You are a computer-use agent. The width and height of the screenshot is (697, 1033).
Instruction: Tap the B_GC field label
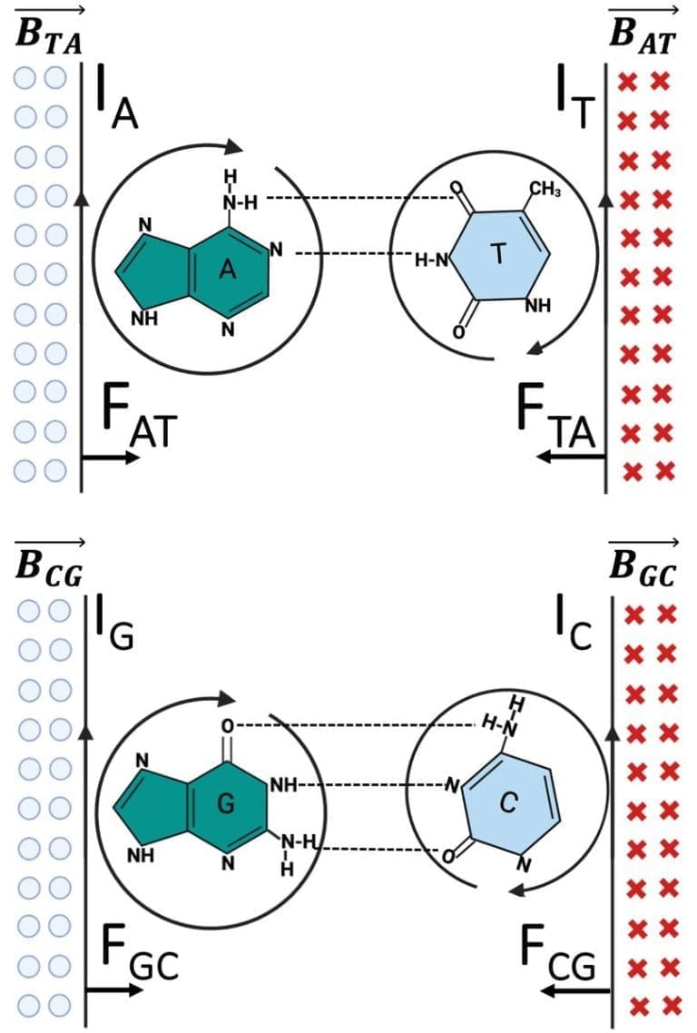643,567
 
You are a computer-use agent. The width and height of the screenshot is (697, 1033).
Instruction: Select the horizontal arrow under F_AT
111,458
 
